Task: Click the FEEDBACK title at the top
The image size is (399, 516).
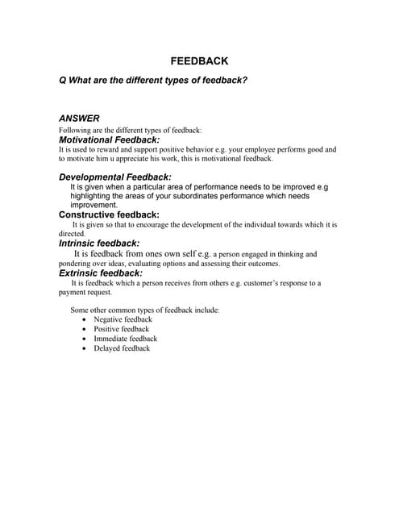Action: (x=199, y=61)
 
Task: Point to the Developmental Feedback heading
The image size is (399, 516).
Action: (x=115, y=177)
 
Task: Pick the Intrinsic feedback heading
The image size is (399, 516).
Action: (x=99, y=243)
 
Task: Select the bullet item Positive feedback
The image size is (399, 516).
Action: (x=121, y=329)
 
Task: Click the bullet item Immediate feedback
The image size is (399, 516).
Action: (x=125, y=339)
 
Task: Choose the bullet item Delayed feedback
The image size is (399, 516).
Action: (x=122, y=348)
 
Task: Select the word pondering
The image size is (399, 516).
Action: (x=79, y=263)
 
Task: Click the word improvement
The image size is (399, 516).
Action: (x=94, y=206)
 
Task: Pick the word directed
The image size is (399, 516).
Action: (x=72, y=233)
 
